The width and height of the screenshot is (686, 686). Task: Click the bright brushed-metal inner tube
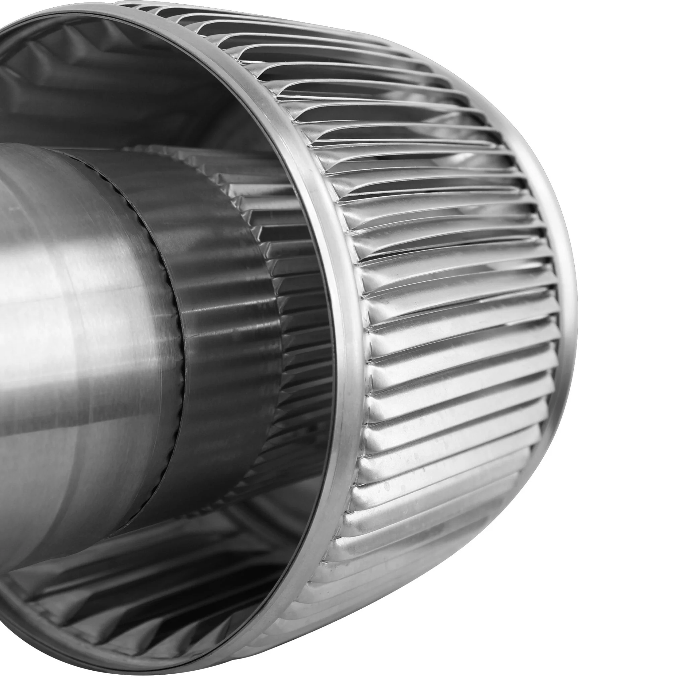89,320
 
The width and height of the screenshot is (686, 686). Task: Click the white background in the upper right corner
621,53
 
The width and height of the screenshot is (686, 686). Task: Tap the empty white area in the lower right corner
604,621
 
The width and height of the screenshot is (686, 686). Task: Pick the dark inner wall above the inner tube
124,89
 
